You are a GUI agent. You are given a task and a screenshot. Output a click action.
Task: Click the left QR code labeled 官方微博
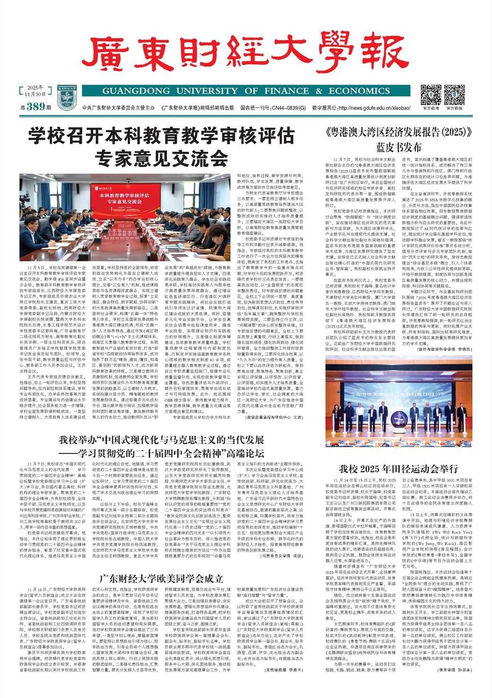(430, 95)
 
